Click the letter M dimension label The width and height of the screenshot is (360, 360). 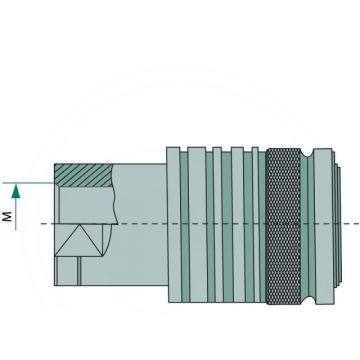pyautogui.click(x=7, y=216)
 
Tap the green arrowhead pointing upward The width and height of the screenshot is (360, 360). pyautogui.click(x=16, y=192)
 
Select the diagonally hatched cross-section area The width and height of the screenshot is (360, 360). pyautogui.click(x=83, y=175)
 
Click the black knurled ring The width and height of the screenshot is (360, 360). pyautogui.click(x=284, y=226)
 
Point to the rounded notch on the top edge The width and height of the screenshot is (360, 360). pyautogui.click(x=307, y=153)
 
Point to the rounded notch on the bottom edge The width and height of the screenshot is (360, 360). pyautogui.click(x=307, y=300)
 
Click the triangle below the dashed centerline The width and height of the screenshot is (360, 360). pyautogui.click(x=79, y=240)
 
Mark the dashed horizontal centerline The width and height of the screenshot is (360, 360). pyautogui.click(x=200, y=223)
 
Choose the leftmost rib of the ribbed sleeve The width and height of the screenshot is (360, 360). pyautogui.click(x=174, y=225)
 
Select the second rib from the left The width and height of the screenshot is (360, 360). pyautogui.click(x=198, y=225)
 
